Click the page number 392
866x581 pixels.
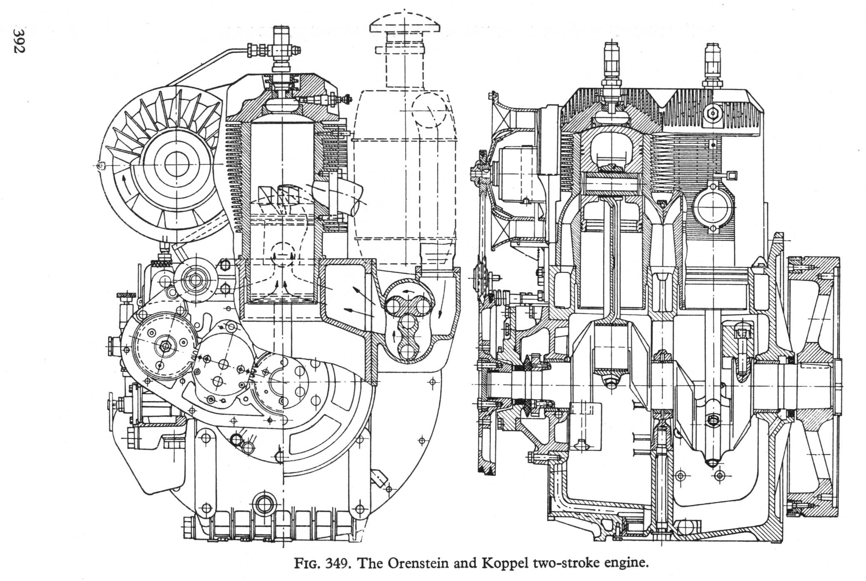19,41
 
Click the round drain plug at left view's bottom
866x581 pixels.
264,505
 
